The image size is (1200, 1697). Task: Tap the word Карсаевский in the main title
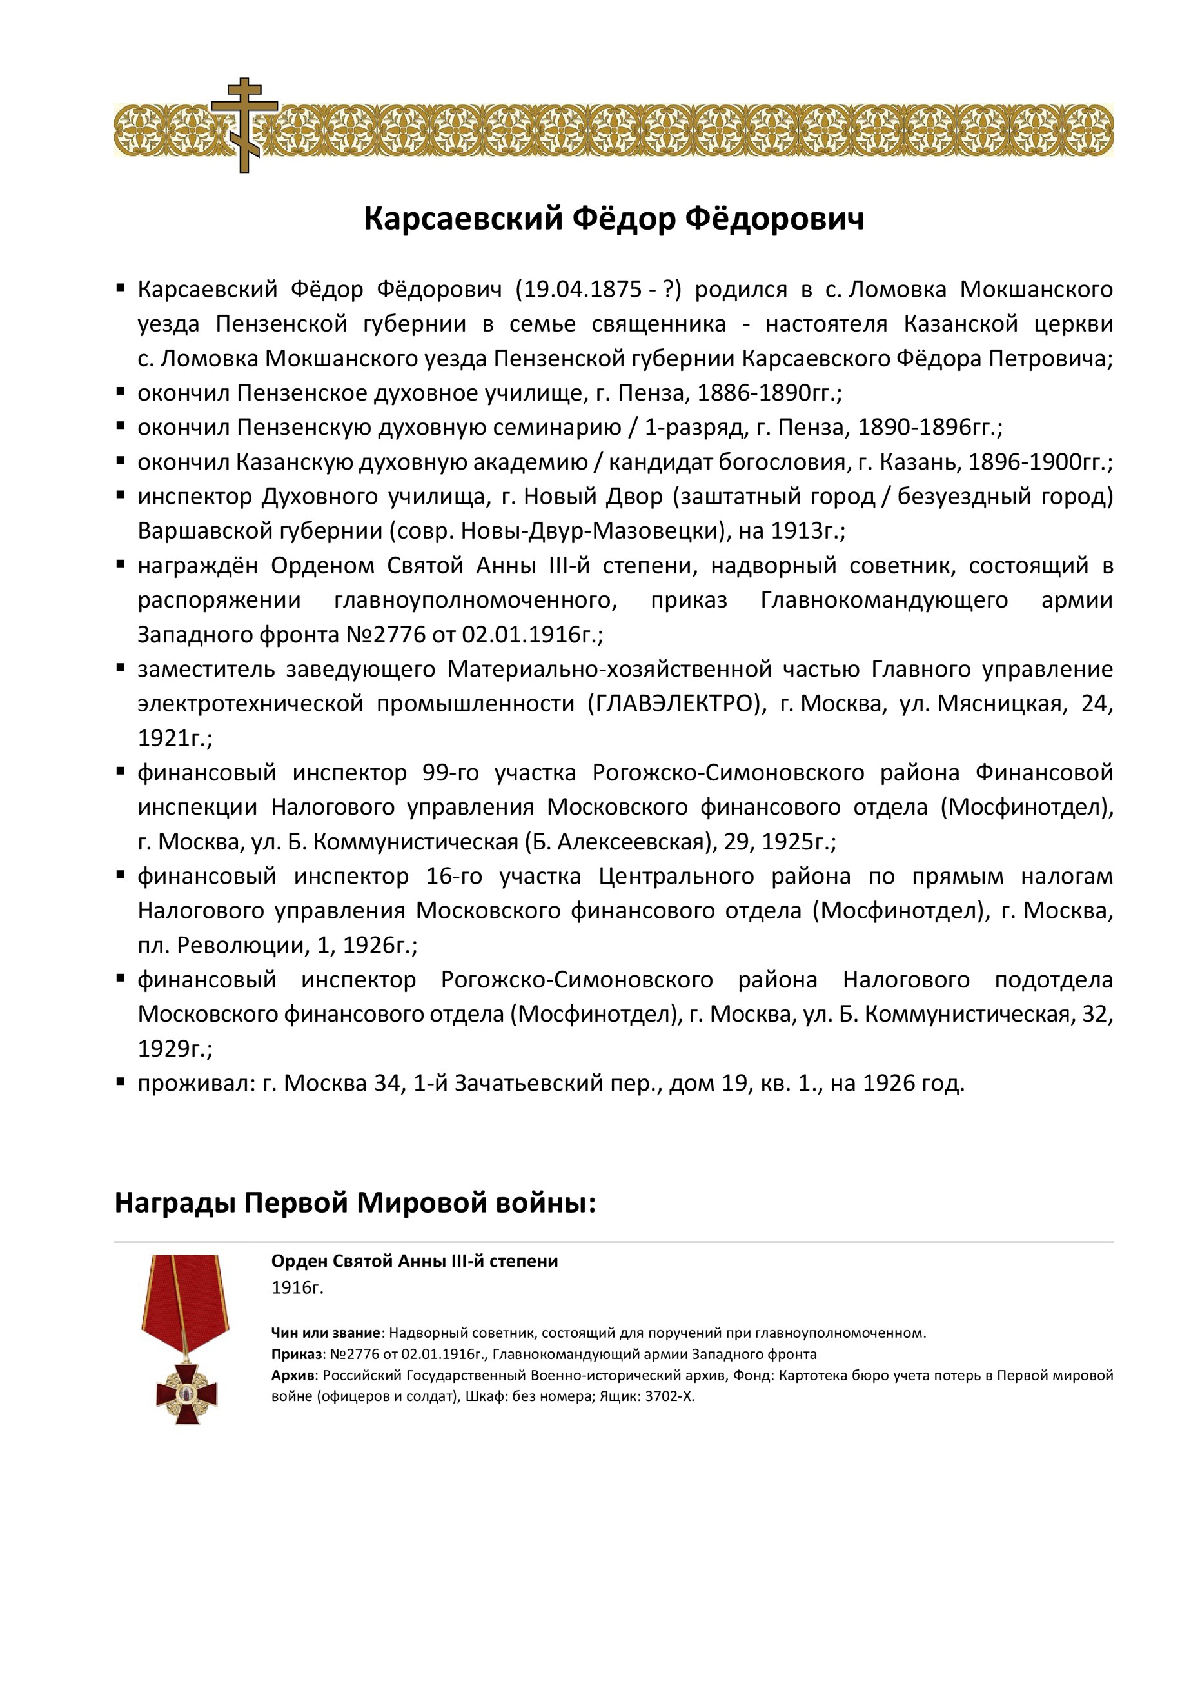coord(464,219)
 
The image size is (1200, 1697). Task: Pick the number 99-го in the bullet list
coord(450,772)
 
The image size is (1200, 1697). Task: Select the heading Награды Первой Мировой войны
coord(355,1204)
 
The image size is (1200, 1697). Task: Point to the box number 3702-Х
coord(669,1396)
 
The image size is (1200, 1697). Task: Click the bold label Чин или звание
coord(326,1333)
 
